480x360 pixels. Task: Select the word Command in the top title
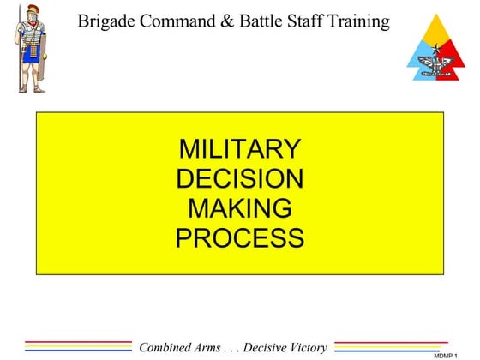pos(171,21)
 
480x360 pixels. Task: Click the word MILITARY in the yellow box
pos(240,149)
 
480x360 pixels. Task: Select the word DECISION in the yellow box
pos(240,178)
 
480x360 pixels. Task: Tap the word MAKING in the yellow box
pos(240,207)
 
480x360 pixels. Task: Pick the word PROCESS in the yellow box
pos(240,237)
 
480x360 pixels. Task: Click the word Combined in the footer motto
pos(171,347)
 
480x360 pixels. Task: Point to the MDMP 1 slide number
pos(446,355)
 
